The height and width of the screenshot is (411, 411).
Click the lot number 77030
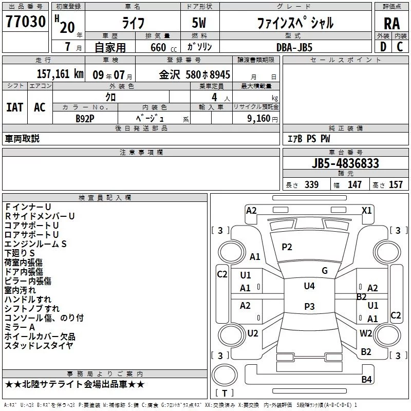click(26, 22)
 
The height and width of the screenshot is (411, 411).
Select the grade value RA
click(392, 24)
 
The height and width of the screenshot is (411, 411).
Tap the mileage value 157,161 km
click(60, 74)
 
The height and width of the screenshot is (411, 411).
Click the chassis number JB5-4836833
click(345, 163)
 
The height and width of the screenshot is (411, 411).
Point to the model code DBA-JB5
click(294, 47)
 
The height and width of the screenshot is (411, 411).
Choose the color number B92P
click(85, 119)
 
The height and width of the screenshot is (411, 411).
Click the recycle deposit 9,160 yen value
click(263, 119)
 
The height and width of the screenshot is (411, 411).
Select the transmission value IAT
click(15, 107)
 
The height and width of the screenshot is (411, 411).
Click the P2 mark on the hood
click(287, 247)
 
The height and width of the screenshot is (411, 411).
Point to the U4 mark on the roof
click(309, 286)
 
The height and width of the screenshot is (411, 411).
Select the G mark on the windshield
click(325, 271)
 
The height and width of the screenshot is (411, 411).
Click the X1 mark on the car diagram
click(366, 211)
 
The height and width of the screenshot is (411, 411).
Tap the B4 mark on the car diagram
click(366, 379)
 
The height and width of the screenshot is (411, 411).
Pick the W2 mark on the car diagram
click(366, 333)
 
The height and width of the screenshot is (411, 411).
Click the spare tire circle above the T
click(225, 375)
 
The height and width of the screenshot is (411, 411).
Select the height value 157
click(396, 185)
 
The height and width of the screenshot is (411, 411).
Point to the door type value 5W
click(199, 23)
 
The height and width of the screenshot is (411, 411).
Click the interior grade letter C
click(400, 47)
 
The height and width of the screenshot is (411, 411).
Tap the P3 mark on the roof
click(309, 306)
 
